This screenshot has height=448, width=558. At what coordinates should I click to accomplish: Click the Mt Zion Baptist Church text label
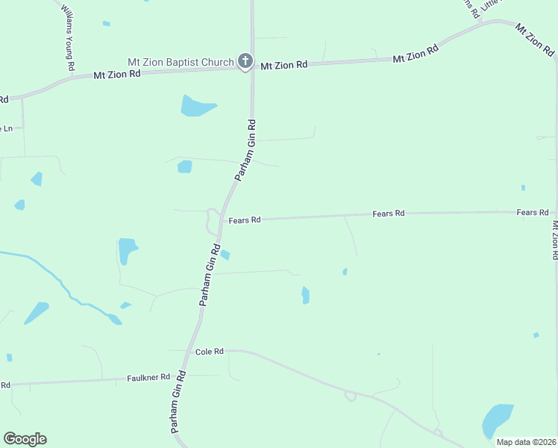pos(181,63)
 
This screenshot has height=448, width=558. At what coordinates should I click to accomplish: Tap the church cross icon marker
pos(245,62)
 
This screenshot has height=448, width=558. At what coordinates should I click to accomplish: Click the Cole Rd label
pos(209,351)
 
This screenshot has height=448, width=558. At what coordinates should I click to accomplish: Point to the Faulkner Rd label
pos(148,378)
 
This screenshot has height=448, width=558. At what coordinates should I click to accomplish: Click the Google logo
pos(25,439)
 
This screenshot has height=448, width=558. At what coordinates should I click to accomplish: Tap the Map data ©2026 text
pos(526,442)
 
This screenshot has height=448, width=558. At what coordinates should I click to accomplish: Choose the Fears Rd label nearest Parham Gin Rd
pos(245,220)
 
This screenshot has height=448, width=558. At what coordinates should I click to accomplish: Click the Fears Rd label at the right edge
pos(533,213)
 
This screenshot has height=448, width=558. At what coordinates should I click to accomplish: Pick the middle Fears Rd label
pos(388,214)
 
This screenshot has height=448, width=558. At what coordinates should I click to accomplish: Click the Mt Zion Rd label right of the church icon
pos(283,66)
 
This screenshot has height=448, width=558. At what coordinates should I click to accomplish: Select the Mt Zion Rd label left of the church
pos(117,75)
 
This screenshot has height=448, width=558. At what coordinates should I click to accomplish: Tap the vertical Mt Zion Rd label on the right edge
pos(554,239)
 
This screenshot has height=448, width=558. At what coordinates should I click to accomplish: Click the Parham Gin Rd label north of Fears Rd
pos(246,150)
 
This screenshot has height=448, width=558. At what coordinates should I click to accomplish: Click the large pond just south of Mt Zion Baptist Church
pos(196,105)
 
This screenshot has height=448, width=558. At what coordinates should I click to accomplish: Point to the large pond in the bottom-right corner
pos(497,420)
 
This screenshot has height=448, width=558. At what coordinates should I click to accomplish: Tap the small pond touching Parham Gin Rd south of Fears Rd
pos(225,255)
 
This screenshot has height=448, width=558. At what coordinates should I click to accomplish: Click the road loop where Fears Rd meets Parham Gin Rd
pos(212,222)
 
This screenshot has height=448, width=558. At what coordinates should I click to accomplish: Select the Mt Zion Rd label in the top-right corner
pos(534,39)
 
